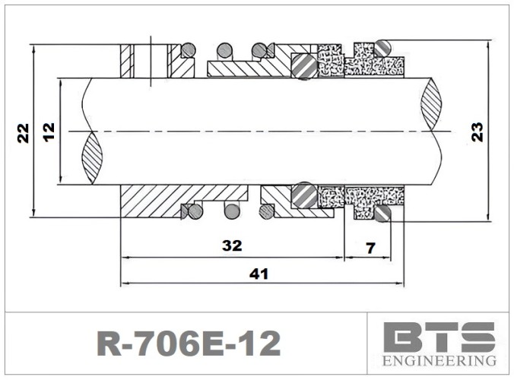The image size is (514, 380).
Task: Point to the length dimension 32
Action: click(232, 245)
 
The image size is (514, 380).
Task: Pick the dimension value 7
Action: click(370, 247)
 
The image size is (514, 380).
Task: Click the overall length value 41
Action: click(260, 274)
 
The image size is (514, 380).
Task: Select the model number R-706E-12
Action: click(189, 343)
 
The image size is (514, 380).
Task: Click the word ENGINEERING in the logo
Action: click(439, 359)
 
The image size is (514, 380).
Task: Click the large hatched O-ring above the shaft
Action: click(305, 66)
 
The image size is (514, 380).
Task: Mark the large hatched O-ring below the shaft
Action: click(305, 195)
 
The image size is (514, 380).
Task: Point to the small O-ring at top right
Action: click(384, 46)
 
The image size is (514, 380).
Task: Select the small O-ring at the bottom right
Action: click(382, 215)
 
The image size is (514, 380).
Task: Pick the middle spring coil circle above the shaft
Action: click(224, 50)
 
